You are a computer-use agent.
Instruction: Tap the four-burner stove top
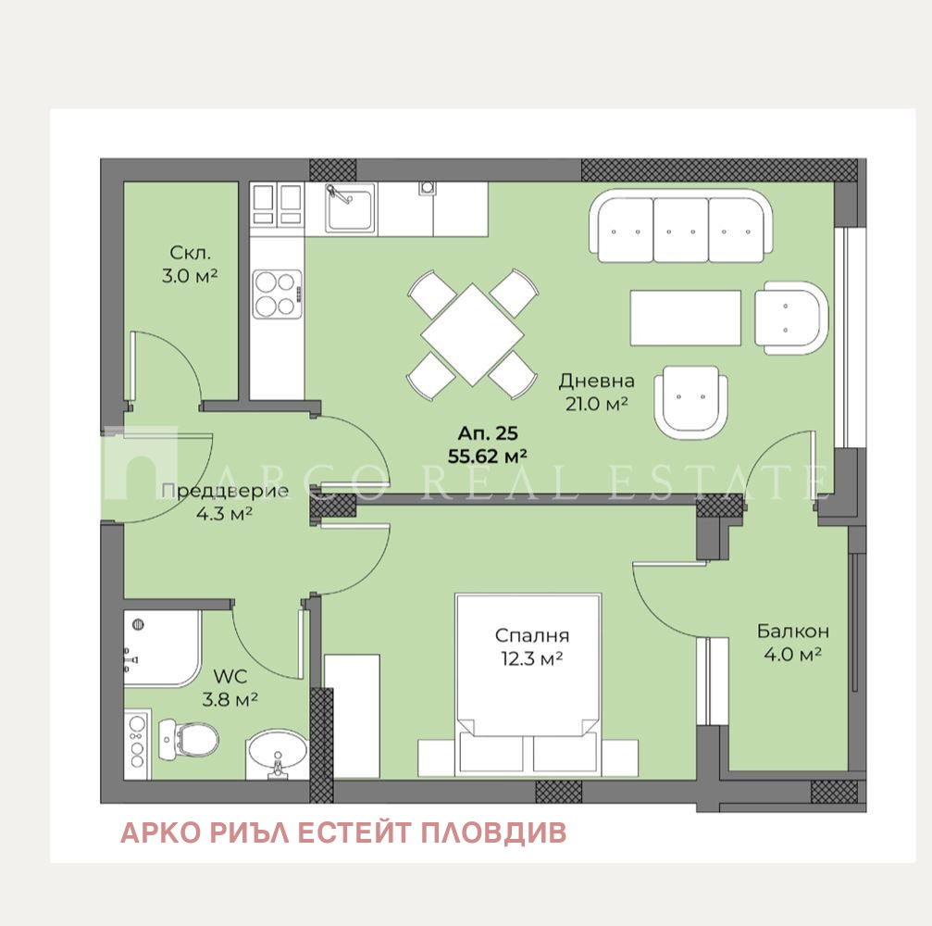278,294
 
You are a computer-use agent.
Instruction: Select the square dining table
473,334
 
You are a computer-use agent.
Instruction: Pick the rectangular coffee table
685,318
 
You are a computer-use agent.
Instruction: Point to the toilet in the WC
189,740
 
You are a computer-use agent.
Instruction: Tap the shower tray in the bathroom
162,647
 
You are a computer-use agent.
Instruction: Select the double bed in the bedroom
528,684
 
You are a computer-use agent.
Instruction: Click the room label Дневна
596,381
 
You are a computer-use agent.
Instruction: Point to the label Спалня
532,636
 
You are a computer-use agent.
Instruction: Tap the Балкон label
793,631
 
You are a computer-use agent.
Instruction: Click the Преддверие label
225,492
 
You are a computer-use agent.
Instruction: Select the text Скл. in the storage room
191,253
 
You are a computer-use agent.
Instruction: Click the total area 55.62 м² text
488,457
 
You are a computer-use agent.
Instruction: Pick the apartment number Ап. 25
488,433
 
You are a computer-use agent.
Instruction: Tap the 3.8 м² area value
230,699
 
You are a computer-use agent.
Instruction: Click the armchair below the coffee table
690,402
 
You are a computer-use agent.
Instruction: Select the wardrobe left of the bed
352,716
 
